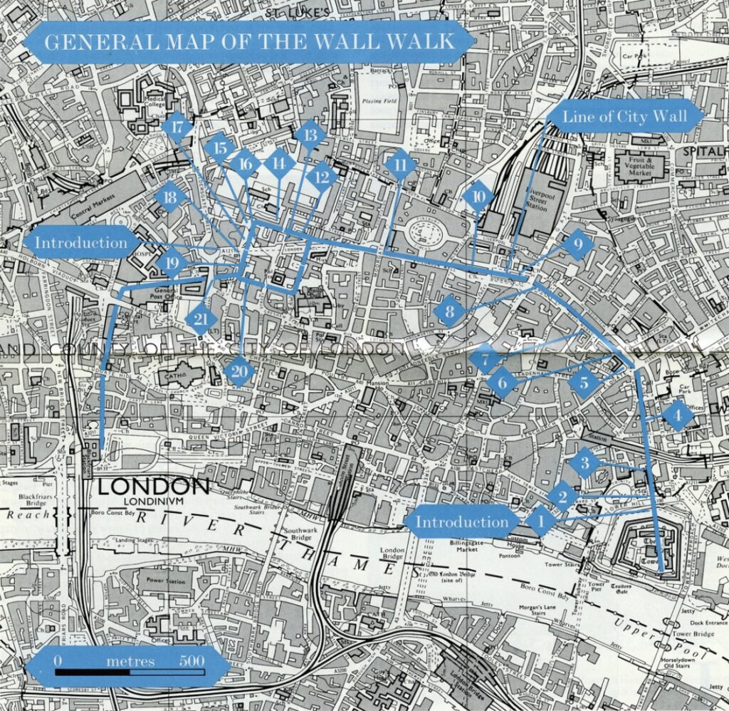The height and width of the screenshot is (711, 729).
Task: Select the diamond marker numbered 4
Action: pyautogui.click(x=677, y=415)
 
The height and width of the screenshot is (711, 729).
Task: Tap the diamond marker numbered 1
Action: pyautogui.click(x=540, y=521)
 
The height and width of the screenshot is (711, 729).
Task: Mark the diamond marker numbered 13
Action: pyautogui.click(x=309, y=135)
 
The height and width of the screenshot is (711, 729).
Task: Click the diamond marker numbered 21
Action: pyautogui.click(x=201, y=318)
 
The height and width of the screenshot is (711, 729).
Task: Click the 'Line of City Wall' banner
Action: pyautogui.click(x=626, y=117)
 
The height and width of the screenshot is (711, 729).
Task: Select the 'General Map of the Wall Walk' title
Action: pyautogui.click(x=248, y=41)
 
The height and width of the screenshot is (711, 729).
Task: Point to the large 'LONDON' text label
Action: pyautogui.click(x=153, y=487)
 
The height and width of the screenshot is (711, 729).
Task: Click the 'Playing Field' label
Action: pyautogui.click(x=379, y=102)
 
